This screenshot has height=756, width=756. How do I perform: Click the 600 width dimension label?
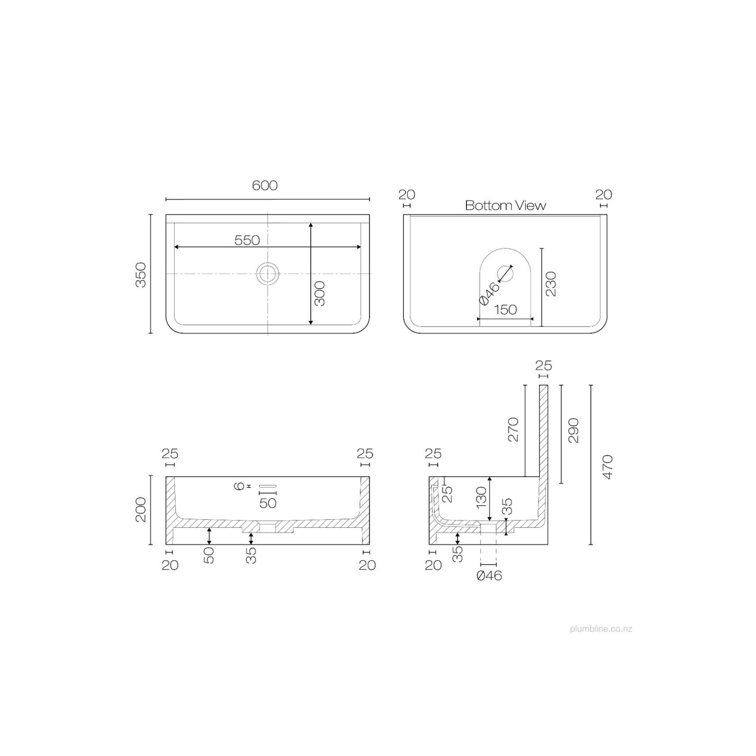tap(265, 185)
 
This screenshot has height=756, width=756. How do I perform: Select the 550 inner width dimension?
tap(247, 240)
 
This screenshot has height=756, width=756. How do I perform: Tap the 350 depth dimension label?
tap(141, 275)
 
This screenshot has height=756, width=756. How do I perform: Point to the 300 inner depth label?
tap(319, 293)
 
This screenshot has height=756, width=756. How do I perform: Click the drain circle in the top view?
tap(268, 273)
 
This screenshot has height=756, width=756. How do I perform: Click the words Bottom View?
tap(506, 206)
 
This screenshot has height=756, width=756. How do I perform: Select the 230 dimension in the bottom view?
tap(551, 284)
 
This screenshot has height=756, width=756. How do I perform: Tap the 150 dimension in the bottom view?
tap(505, 309)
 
